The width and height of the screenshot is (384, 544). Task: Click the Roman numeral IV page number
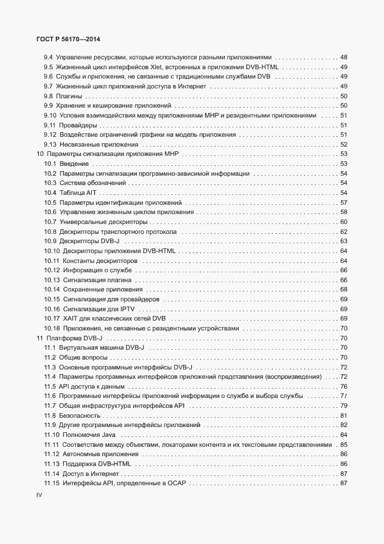40,495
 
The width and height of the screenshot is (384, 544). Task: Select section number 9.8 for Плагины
49,96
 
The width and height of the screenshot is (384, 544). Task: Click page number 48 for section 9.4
343,57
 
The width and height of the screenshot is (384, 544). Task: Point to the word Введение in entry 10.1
74,163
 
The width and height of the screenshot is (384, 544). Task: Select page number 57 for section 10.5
343,202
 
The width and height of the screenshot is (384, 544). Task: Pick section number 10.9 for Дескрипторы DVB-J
51,241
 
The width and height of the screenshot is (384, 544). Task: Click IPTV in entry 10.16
128,308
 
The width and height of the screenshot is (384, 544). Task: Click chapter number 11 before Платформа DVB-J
40,338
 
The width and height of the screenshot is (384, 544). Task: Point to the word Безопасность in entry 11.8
78,415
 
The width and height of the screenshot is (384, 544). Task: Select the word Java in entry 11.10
108,435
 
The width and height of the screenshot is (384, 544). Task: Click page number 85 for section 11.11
343,445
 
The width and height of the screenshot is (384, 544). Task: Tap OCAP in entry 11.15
175,483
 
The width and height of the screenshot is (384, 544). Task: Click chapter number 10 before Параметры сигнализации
40,154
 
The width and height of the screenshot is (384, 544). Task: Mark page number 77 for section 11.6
343,396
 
